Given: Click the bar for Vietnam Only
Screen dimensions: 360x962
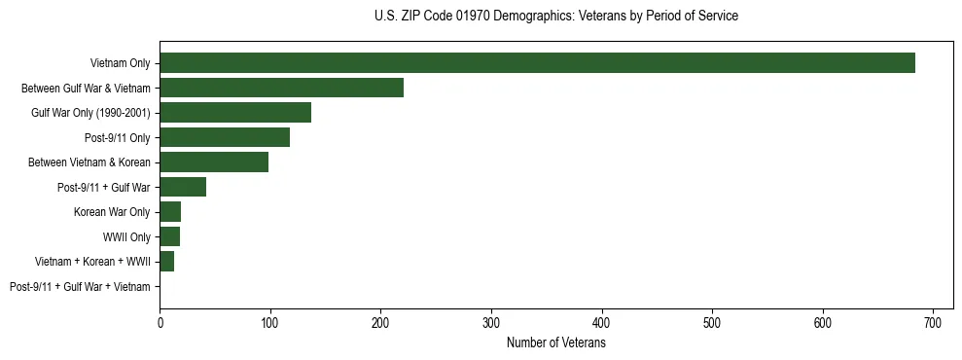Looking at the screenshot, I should pyautogui.click(x=537, y=63).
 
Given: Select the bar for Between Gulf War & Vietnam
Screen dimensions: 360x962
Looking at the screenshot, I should pyautogui.click(x=281, y=89).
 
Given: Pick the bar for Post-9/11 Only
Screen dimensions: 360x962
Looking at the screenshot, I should pyautogui.click(x=225, y=137).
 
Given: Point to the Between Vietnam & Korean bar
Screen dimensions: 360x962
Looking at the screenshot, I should pyautogui.click(x=214, y=162).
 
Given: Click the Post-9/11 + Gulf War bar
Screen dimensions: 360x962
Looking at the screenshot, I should pyautogui.click(x=183, y=187).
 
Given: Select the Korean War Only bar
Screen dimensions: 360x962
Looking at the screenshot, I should pyautogui.click(x=170, y=211).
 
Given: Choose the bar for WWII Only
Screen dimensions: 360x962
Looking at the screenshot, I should pyautogui.click(x=169, y=236).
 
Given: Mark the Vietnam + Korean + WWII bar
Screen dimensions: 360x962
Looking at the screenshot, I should pyautogui.click(x=166, y=261).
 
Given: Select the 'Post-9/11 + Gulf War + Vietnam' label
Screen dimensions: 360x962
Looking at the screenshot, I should pyautogui.click(x=80, y=286).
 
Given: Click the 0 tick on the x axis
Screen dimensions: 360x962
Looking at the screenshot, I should pyautogui.click(x=160, y=323).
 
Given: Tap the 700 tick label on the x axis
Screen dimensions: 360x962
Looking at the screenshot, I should pyautogui.click(x=933, y=323).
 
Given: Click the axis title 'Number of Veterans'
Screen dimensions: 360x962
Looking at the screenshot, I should pyautogui.click(x=555, y=343).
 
